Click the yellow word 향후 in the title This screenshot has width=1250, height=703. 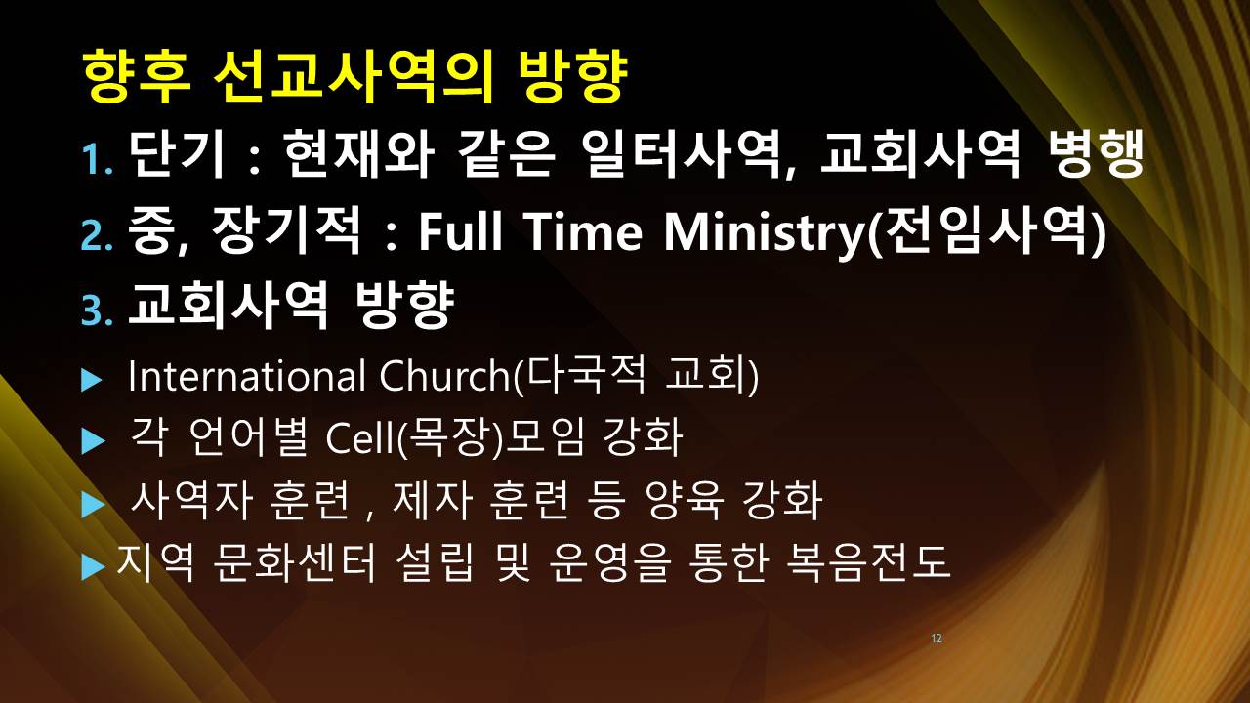coord(138,77)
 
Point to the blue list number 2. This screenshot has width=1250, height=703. coord(97,236)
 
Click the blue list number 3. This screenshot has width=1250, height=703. coord(97,310)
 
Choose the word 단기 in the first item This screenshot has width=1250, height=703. coord(178,153)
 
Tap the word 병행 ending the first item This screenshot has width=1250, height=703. coord(1095,153)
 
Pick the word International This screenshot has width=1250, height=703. coord(247,376)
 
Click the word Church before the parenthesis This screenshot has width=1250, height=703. coord(444,376)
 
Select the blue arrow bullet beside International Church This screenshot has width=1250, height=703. coord(92,380)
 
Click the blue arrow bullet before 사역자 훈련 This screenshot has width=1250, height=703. coord(93,505)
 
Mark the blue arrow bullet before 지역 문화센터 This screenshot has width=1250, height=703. coord(93,567)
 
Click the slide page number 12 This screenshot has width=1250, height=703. coord(937,639)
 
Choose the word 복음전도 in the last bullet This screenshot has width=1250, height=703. coord(868,562)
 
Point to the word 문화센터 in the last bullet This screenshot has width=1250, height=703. coord(295,562)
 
